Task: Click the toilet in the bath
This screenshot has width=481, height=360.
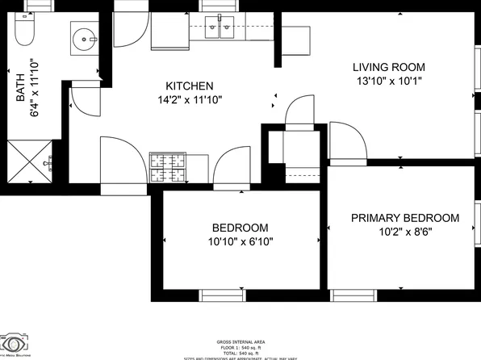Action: tap(23, 32)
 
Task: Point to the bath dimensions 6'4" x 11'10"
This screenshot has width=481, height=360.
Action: tap(34, 88)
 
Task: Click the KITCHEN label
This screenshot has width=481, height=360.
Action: tap(189, 86)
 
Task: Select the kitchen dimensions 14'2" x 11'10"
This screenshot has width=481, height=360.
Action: tap(190, 100)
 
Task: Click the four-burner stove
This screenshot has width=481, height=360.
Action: tap(167, 167)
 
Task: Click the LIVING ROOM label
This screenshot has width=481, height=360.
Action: tap(389, 67)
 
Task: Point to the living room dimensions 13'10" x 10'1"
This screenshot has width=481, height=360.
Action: tap(389, 81)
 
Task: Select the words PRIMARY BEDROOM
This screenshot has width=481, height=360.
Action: tap(404, 218)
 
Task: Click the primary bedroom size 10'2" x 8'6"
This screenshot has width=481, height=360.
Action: tap(404, 232)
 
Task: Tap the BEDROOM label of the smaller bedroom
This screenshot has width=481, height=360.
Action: tap(240, 228)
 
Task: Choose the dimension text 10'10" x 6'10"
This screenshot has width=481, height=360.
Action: tap(240, 241)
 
